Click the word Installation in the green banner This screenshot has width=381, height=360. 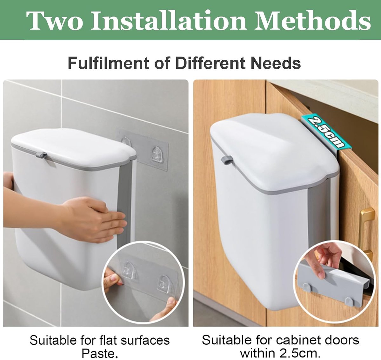169,21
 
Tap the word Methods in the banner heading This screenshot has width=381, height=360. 312,21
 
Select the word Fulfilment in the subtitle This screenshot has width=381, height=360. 108,63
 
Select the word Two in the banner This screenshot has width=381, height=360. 55,21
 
